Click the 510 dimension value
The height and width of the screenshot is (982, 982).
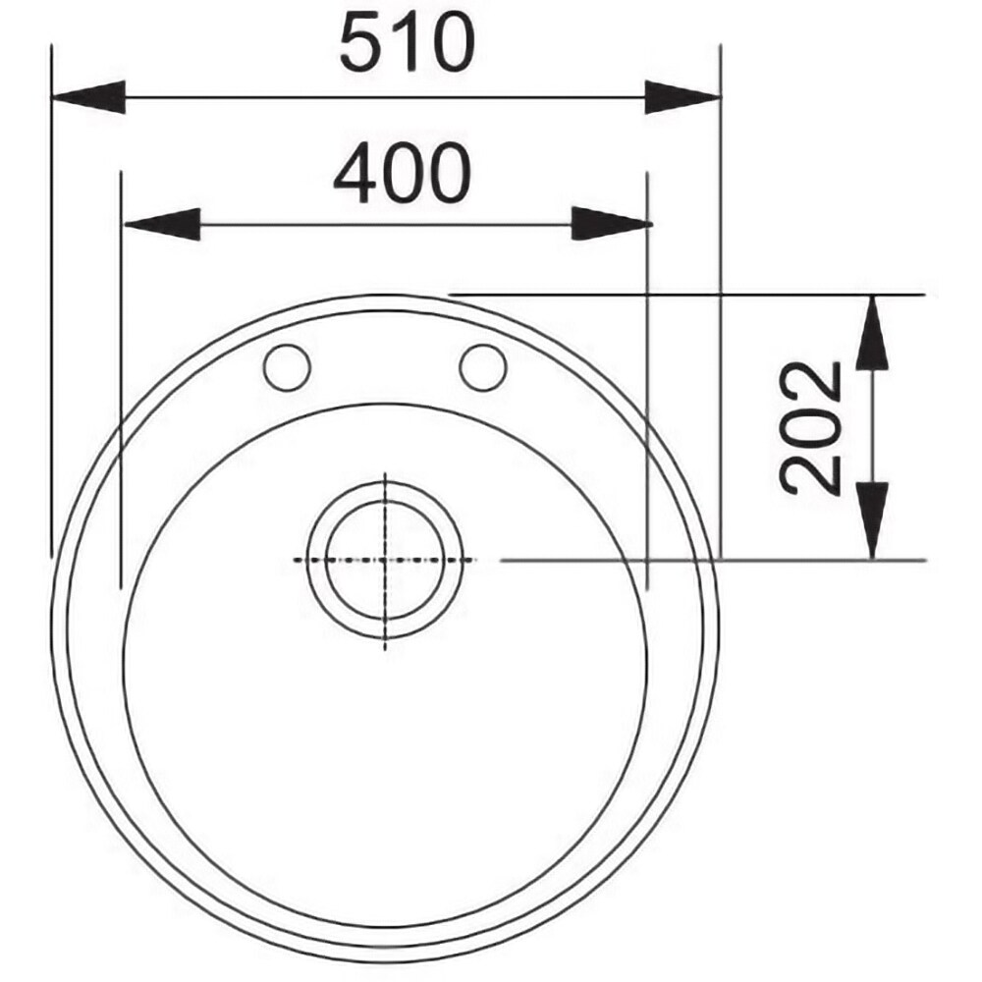coord(408,42)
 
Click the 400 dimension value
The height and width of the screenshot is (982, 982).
coord(402,173)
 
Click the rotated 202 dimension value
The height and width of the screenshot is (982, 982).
coord(810,428)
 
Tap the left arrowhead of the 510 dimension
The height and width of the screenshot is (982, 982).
coord(88,97)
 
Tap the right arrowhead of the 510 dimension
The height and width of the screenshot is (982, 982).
coord(682,97)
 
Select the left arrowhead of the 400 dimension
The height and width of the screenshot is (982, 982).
coord(162,224)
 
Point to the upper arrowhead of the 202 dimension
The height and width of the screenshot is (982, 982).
coord(872,332)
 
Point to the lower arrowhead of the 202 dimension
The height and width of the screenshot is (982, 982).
coord(872,520)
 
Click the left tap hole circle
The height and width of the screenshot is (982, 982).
coord(288,367)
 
